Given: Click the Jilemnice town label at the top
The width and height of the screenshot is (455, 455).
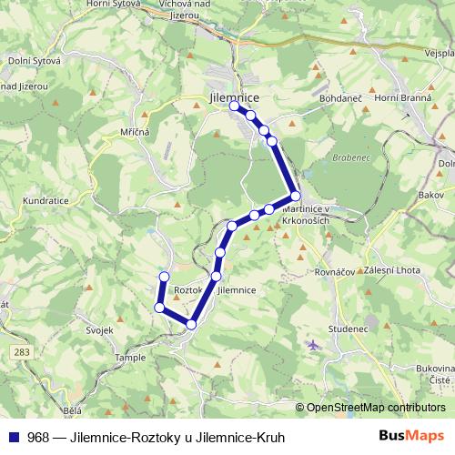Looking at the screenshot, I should tap(234, 96).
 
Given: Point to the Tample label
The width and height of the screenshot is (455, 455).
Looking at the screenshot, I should tap(130, 359).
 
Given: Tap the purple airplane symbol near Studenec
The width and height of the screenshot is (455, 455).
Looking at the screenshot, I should tap(314, 345).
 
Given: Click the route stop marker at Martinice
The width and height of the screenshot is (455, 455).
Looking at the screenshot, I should tap(296, 196).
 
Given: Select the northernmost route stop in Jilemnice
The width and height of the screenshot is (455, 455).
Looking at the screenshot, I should tap(234, 106).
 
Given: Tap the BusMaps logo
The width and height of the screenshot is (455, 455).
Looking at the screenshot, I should tap(412, 437).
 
